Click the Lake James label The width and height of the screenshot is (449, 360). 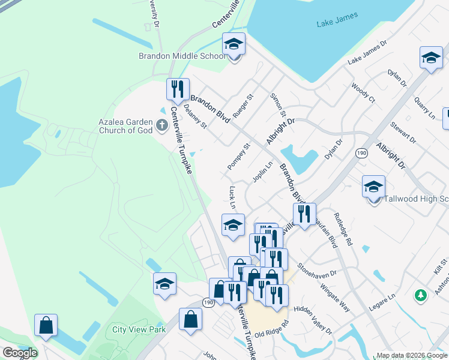[x=337, y=20]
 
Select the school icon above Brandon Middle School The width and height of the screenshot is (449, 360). [x=234, y=44]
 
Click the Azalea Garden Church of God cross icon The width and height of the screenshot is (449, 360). [x=160, y=125]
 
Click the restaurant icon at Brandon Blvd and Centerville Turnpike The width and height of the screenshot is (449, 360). [x=178, y=89]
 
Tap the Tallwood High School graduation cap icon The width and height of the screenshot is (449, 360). [x=373, y=187]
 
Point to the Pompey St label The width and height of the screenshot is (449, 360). [x=238, y=156]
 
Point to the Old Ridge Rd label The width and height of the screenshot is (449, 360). [x=271, y=331]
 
